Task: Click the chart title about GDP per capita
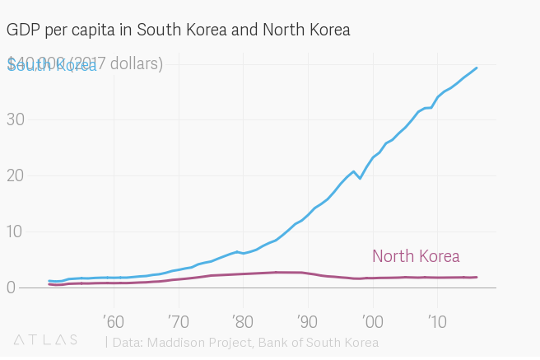178,30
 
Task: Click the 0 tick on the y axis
12,288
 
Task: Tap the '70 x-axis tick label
178,320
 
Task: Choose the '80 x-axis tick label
242,320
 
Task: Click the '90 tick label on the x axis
307,320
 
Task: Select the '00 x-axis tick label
372,320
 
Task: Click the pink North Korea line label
416,256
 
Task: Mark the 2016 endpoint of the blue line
477,68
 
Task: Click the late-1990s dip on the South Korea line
360,178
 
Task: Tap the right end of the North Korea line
477,277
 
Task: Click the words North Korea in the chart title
306,30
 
